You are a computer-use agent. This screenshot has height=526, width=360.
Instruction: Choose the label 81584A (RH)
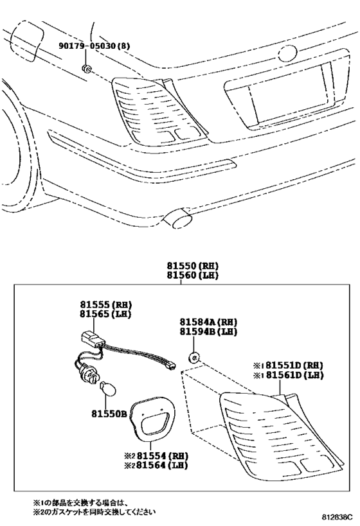(208, 322)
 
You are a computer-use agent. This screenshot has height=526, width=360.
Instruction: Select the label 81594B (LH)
(208, 331)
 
